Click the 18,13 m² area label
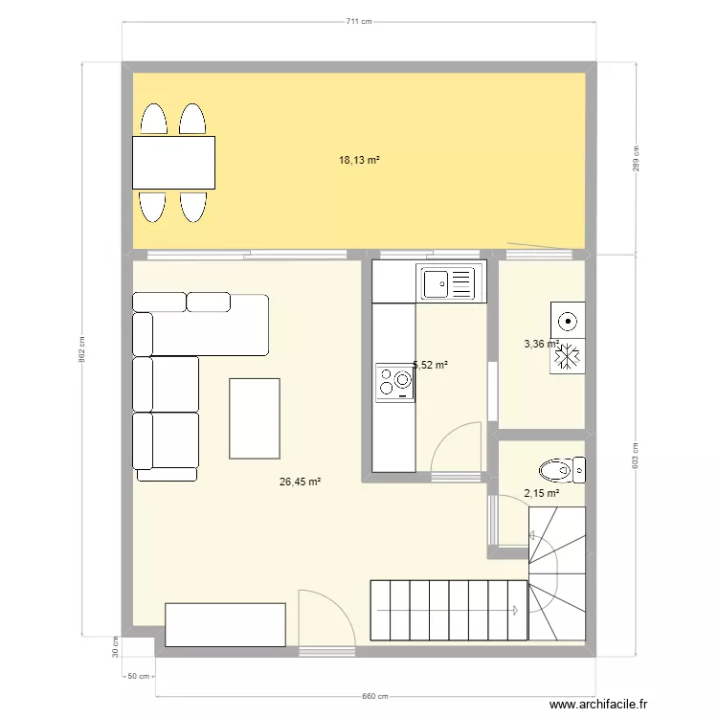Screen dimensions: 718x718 (x=359, y=161)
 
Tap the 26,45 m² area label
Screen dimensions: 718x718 (x=300, y=482)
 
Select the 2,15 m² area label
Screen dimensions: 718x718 (x=542, y=494)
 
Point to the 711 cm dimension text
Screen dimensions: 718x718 (x=359, y=21)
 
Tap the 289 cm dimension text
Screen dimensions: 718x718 (x=636, y=159)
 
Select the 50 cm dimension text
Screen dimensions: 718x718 (x=139, y=676)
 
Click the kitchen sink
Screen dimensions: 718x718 (x=446, y=282)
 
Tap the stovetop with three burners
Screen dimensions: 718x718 (x=395, y=382)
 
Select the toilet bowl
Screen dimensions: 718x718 (x=555, y=470)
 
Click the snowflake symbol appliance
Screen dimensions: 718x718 (x=568, y=356)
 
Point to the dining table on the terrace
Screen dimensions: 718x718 (x=173, y=162)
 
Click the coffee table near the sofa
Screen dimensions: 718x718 (x=255, y=418)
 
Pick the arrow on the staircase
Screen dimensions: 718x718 (x=515, y=610)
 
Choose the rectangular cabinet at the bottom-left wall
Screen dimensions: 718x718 (x=226, y=624)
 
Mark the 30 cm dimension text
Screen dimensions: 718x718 (x=114, y=647)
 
